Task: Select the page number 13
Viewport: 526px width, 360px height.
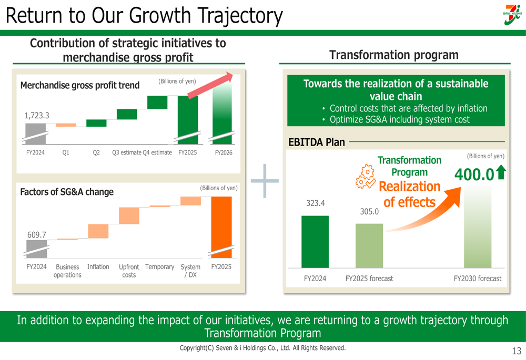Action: pyautogui.click(x=516, y=351)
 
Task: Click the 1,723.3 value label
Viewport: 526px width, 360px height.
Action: pyautogui.click(x=36, y=116)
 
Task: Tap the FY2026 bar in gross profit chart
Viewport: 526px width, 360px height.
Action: pyautogui.click(x=221, y=113)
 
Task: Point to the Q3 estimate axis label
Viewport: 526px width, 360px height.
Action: pyautogui.click(x=126, y=152)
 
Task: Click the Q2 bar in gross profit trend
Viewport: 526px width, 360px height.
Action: pyautogui.click(x=96, y=123)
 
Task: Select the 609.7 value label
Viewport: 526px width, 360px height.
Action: pyautogui.click(x=36, y=235)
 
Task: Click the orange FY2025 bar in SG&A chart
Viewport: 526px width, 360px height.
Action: pyautogui.click(x=221, y=227)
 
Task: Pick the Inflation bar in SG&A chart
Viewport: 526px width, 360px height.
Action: pyautogui.click(x=98, y=231)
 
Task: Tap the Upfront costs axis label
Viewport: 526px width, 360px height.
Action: pyautogui.click(x=129, y=271)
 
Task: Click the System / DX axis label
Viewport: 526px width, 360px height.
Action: pyautogui.click(x=190, y=271)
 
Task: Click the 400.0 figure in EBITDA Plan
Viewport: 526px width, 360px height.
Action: pyautogui.click(x=474, y=175)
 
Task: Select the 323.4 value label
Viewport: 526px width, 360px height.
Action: pyautogui.click(x=315, y=203)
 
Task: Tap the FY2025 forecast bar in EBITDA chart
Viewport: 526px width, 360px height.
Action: pyautogui.click(x=369, y=245)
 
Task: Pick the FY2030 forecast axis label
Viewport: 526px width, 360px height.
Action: pyautogui.click(x=478, y=279)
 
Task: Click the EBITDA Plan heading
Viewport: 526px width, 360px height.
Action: pyautogui.click(x=317, y=142)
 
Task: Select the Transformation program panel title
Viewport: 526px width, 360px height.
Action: pyautogui.click(x=393, y=55)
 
